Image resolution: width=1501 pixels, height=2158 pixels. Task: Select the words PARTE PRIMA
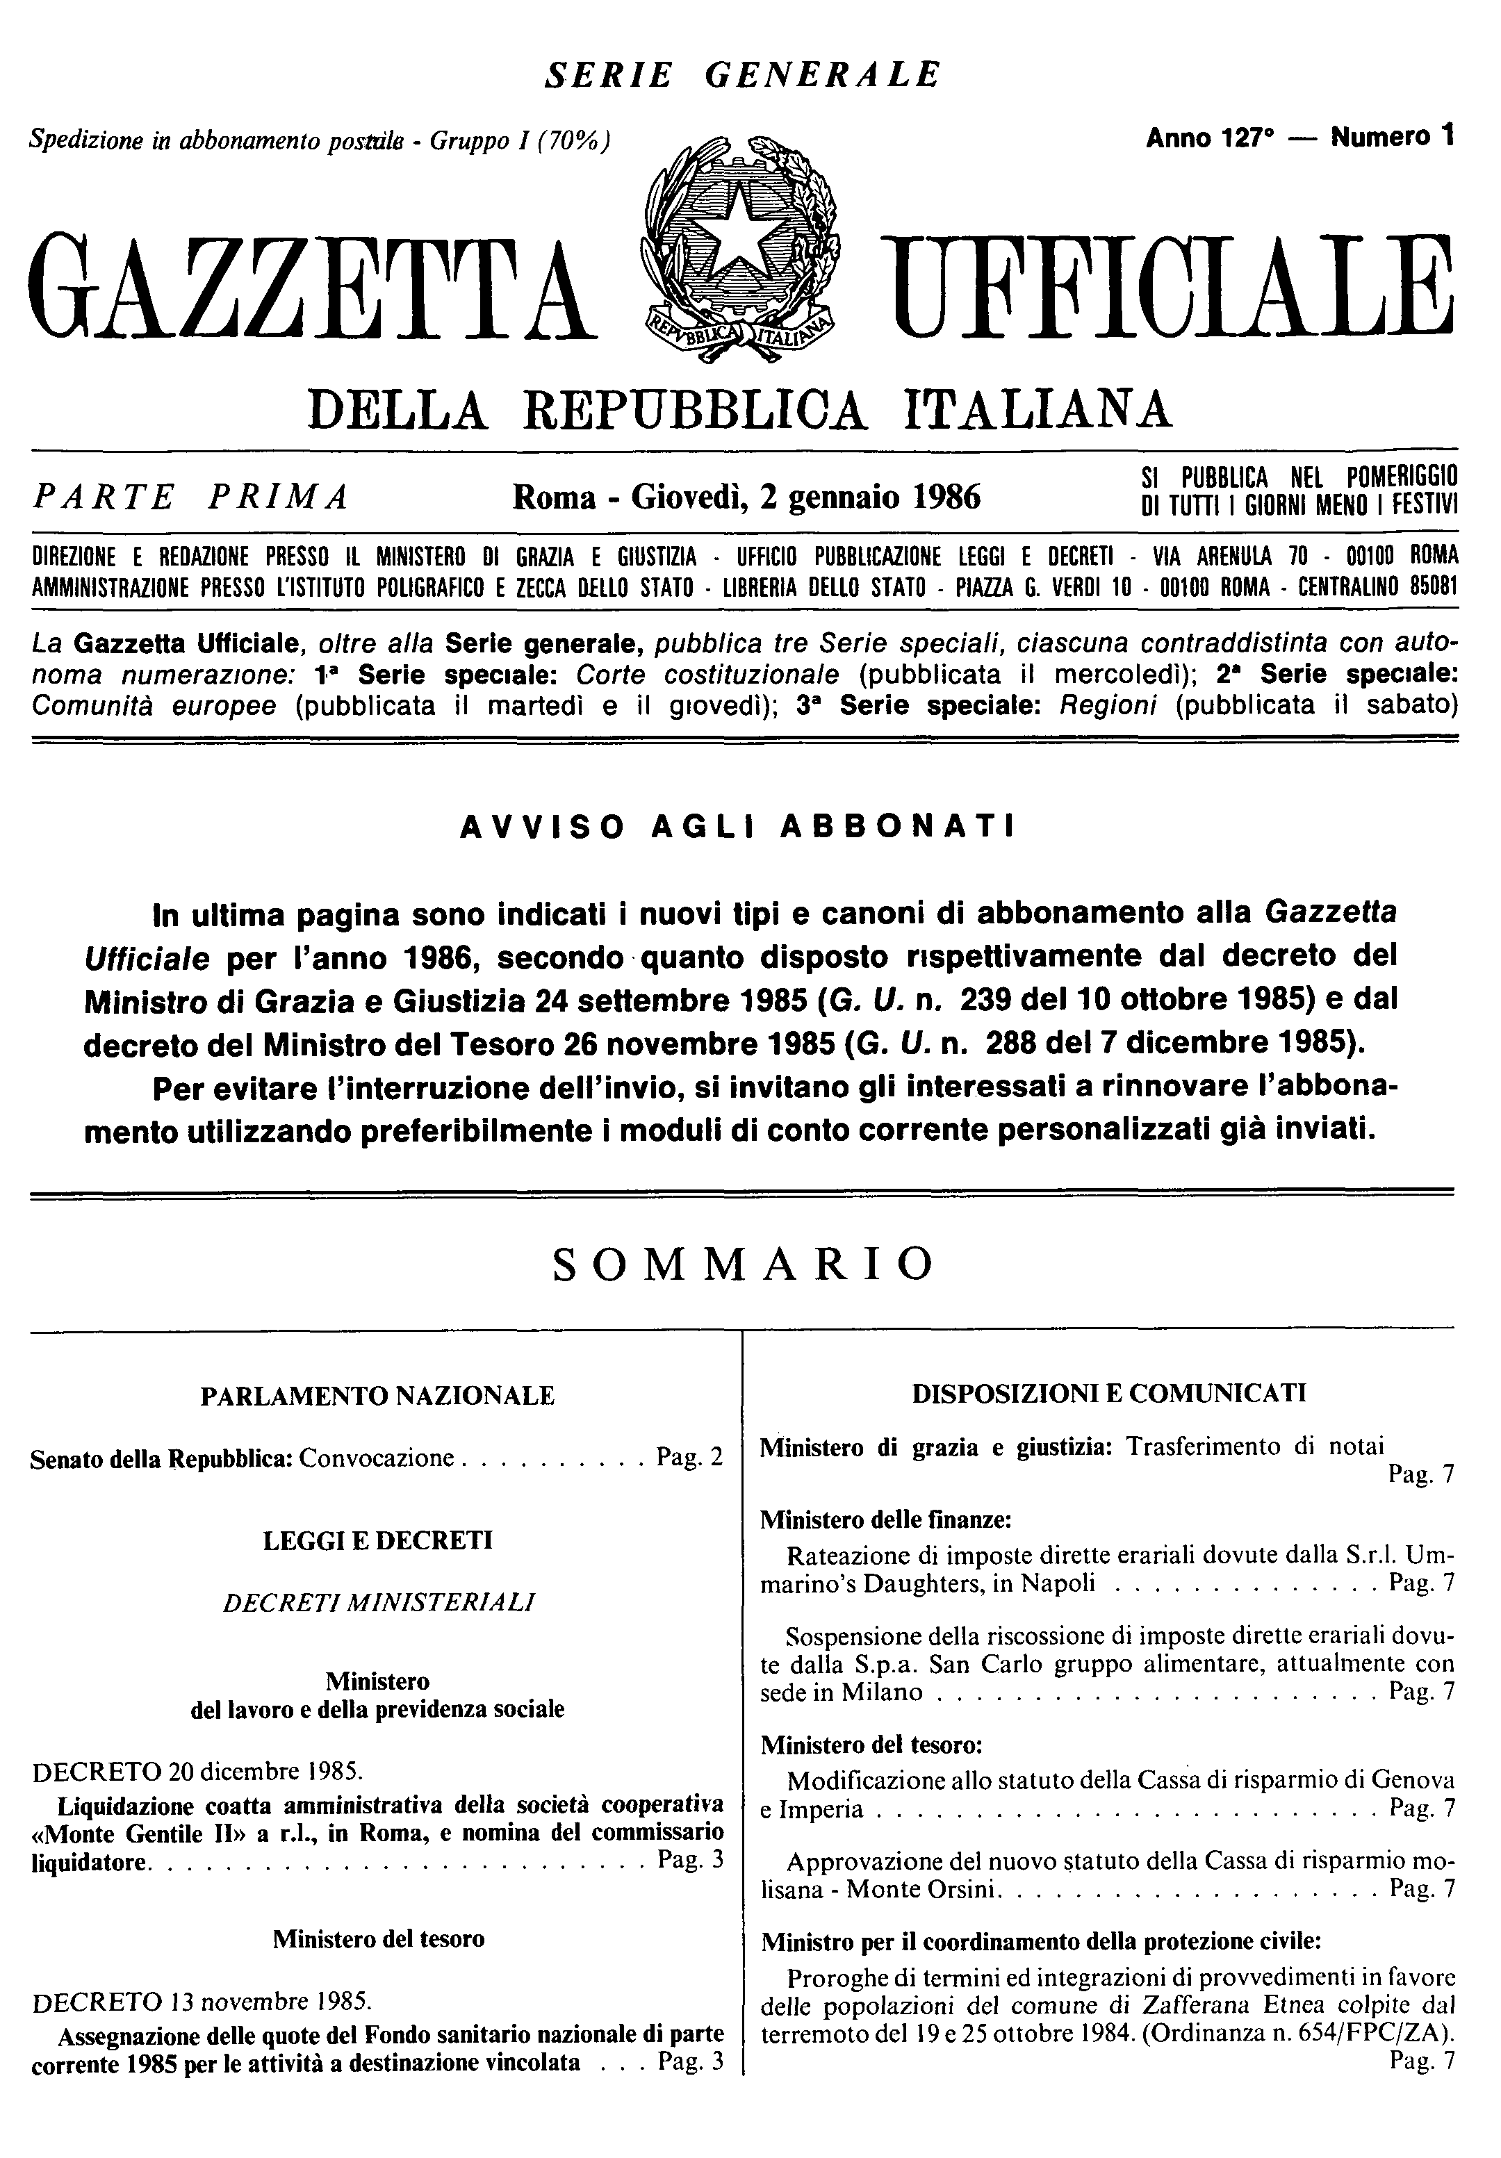[x=191, y=495]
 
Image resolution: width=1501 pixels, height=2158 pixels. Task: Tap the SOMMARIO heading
[x=744, y=1266]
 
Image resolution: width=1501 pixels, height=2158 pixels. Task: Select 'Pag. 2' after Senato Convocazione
[x=690, y=1458]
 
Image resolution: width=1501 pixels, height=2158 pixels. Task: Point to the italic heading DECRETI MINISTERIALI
[x=379, y=1601]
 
